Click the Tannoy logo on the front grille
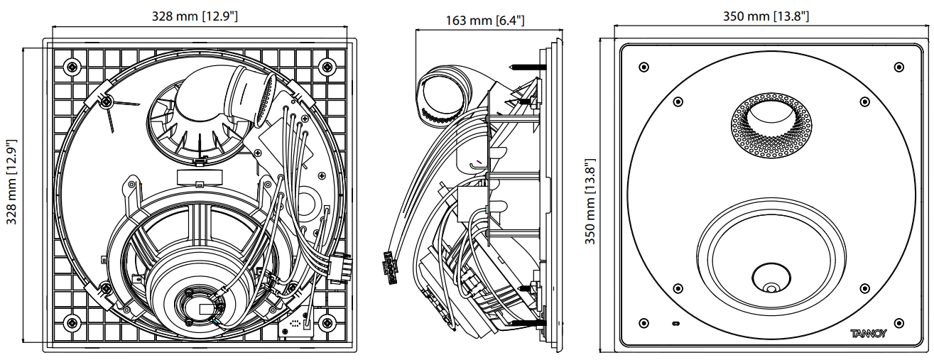pyautogui.click(x=867, y=333)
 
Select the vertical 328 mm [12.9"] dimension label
pyautogui.click(x=12, y=182)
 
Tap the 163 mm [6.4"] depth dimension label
pyautogui.click(x=485, y=20)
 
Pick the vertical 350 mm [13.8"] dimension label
pyautogui.click(x=590, y=202)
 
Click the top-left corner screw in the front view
pyautogui.click(x=644, y=67)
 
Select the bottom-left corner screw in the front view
pyautogui.click(x=644, y=323)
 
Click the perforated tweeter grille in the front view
pyautogui.click(x=771, y=127)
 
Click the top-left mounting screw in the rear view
pyautogui.click(x=71, y=67)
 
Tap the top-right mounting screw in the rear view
pyautogui.click(x=327, y=67)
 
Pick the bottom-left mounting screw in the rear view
pyautogui.click(x=71, y=323)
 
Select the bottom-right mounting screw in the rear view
pyautogui.click(x=327, y=323)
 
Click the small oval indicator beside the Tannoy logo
pyautogui.click(x=675, y=324)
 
